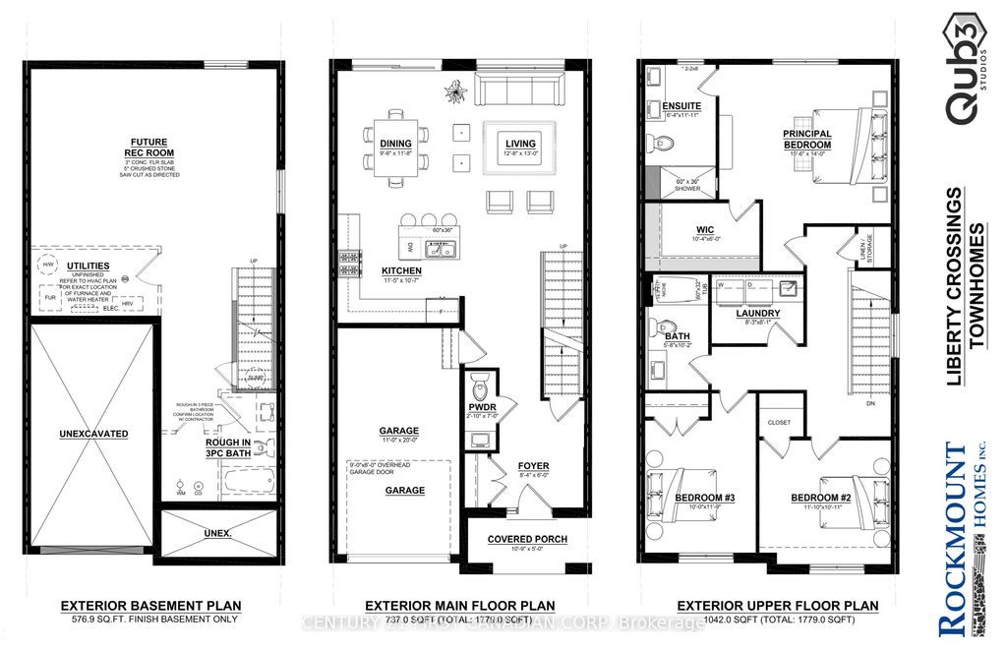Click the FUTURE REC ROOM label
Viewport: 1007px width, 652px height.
(148, 147)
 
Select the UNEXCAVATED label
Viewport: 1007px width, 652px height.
(93, 433)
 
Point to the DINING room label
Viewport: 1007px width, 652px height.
(395, 145)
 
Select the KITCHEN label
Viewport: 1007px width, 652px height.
(401, 270)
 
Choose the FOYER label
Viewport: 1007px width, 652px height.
(533, 466)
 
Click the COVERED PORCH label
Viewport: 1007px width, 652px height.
(528, 539)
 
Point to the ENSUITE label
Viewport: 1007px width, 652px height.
(681, 105)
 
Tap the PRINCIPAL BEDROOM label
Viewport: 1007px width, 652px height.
(806, 140)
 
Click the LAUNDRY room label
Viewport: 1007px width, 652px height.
(757, 314)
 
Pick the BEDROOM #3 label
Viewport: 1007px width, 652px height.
(698, 498)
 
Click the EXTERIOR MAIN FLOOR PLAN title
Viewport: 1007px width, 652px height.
(459, 606)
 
